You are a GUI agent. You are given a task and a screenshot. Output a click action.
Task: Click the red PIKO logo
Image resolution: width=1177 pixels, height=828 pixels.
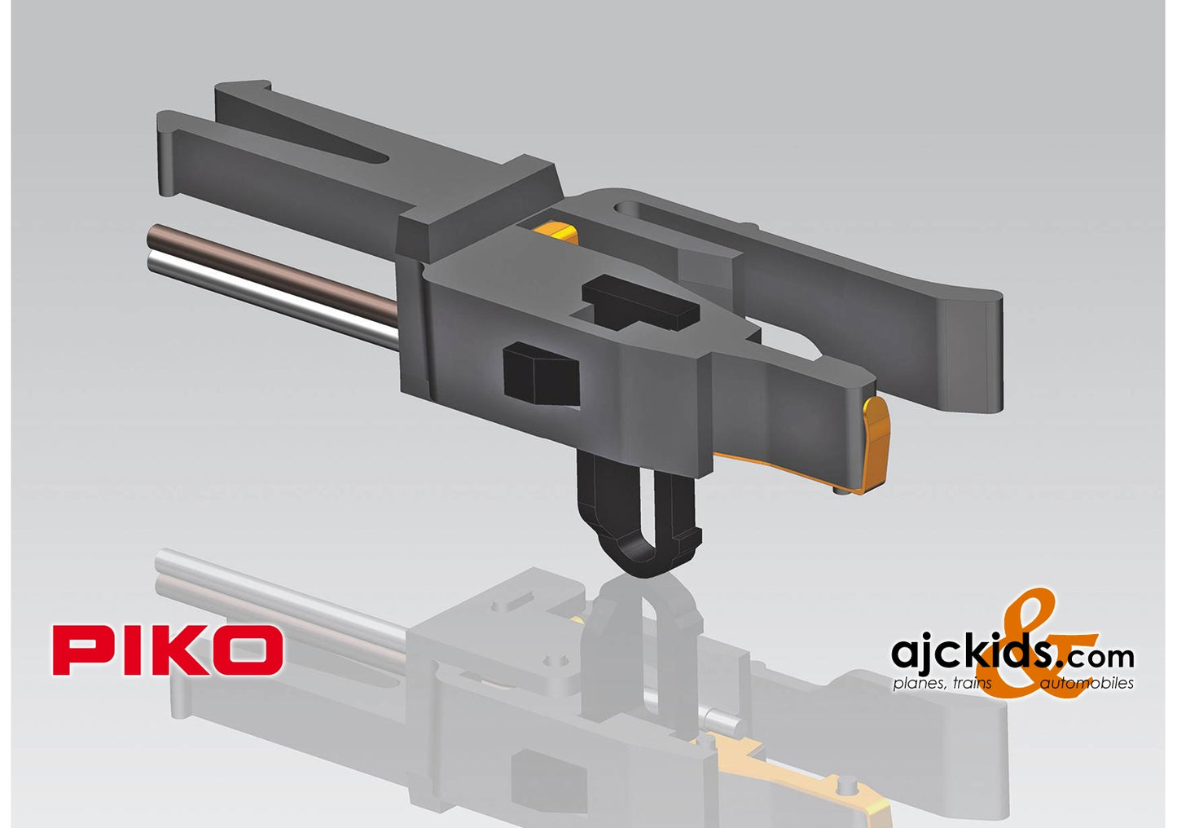coord(168,650)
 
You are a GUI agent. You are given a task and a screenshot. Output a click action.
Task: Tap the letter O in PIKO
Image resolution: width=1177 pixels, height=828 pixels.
coord(247,650)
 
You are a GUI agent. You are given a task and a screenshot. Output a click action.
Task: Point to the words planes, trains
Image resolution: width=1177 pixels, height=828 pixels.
coord(942,683)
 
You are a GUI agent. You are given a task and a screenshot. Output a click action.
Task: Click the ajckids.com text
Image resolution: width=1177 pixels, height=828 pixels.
coord(1010,654)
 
